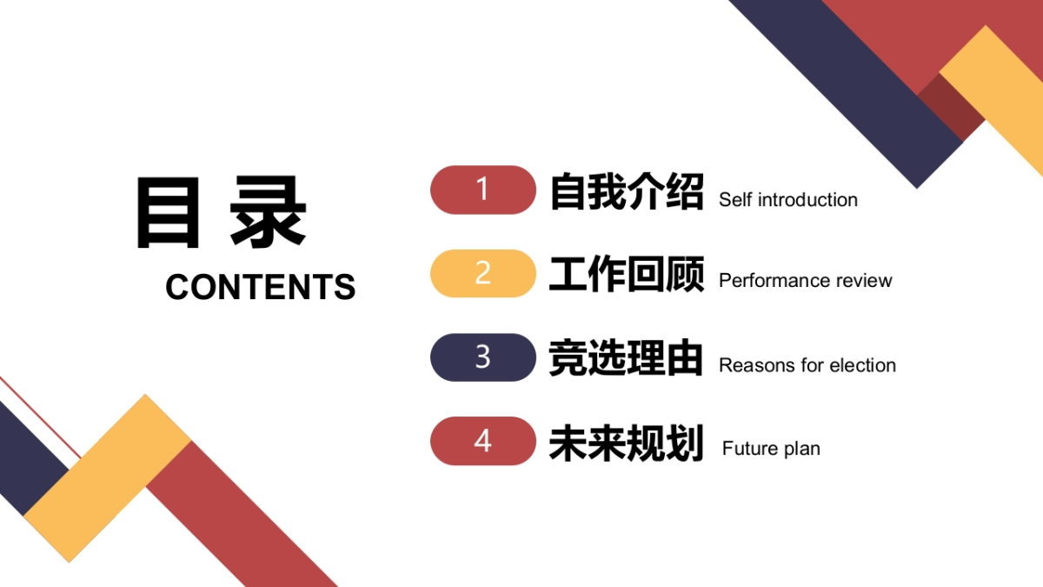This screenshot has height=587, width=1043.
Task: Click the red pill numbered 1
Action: tap(483, 190)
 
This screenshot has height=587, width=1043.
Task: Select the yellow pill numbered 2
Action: tap(483, 273)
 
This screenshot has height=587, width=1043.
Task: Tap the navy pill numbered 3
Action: tap(483, 357)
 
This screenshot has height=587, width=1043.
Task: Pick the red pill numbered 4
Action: tap(483, 441)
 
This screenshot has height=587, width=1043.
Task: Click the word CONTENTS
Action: tap(260, 287)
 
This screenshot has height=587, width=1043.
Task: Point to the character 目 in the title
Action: tap(168, 213)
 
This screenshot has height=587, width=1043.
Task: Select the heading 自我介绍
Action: tap(626, 191)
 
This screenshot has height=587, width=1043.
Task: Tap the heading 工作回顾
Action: tap(626, 274)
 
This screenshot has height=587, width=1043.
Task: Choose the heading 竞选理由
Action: tap(626, 357)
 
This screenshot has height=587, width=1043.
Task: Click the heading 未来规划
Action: tap(626, 442)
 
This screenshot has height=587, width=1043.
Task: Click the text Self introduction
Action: tap(787, 200)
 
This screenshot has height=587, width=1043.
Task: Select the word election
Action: tap(862, 365)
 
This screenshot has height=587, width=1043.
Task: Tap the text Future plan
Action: tap(771, 449)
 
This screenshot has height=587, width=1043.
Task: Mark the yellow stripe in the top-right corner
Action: tap(1000, 96)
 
